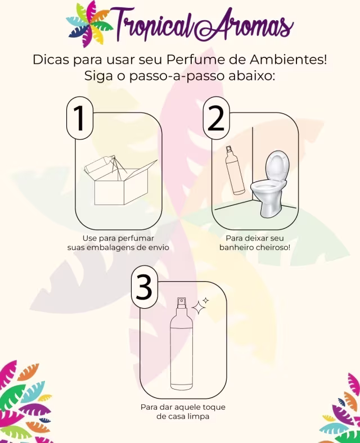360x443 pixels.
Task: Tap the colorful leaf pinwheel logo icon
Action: (89, 24)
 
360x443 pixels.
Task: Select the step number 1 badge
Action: (80, 118)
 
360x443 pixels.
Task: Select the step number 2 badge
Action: (216, 118)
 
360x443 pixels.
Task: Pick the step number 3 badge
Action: (145, 287)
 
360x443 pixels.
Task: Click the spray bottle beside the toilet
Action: (235, 170)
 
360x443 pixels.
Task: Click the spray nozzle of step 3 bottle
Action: (181, 302)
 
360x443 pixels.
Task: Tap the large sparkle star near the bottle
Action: (199, 308)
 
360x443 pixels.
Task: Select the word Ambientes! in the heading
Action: (288, 60)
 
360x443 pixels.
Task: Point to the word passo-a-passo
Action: (176, 76)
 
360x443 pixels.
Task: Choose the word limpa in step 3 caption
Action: (199, 417)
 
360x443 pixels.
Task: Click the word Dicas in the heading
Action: (51, 60)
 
